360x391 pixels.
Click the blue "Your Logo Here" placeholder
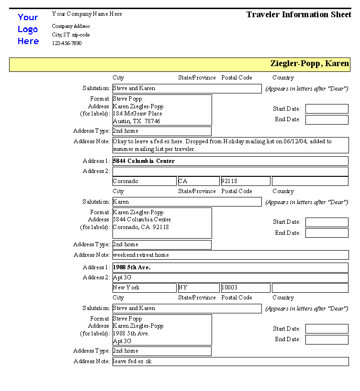(x=28, y=29)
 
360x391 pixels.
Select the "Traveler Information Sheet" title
(x=299, y=14)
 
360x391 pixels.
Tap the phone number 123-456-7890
(x=67, y=43)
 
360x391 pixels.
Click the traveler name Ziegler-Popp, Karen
(x=310, y=64)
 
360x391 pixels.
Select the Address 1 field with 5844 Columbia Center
(x=230, y=161)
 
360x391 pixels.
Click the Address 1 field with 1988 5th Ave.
(x=230, y=267)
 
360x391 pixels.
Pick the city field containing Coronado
(x=144, y=181)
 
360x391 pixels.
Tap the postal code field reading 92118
(x=245, y=181)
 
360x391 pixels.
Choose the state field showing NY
(x=198, y=287)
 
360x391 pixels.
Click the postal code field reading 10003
(x=245, y=287)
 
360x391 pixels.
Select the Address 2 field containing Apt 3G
(x=230, y=277)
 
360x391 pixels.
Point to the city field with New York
(x=144, y=287)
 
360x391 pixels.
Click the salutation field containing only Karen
(x=187, y=202)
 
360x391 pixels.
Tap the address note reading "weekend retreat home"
(x=230, y=255)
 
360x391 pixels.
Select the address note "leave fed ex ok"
(x=230, y=361)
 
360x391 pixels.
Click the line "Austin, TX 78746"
(x=136, y=121)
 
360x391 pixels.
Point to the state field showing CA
(x=198, y=181)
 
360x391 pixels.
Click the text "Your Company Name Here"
(x=87, y=14)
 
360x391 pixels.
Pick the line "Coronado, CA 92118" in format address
(x=141, y=227)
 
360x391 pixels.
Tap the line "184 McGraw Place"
(x=137, y=114)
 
